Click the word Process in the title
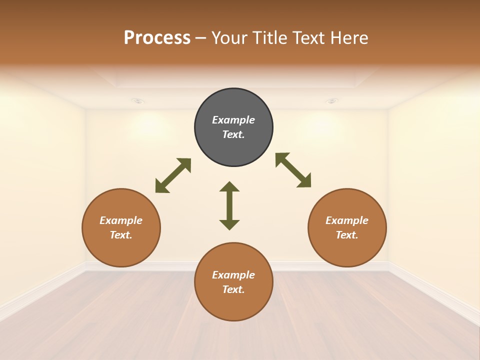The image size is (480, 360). [157, 37]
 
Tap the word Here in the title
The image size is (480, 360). [348, 37]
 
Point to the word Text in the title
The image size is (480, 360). [309, 37]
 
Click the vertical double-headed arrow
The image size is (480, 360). [229, 205]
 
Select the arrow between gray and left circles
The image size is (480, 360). [173, 175]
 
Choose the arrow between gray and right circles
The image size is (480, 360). [293, 170]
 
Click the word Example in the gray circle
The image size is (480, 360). [233, 120]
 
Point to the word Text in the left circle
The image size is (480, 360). [121, 235]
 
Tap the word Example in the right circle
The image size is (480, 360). [347, 220]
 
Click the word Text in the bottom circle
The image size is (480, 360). [233, 289]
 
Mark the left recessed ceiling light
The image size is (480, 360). [138, 101]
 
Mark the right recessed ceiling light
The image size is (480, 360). [331, 101]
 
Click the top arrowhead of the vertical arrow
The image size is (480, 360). [229, 187]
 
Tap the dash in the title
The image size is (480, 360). [200, 38]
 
